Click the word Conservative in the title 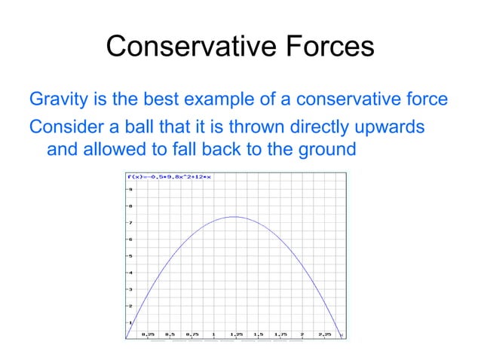188,46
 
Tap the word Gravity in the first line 56,99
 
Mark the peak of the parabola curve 234,217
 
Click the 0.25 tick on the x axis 149,334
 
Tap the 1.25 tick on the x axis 236,334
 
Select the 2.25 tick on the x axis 324,334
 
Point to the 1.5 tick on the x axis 259,334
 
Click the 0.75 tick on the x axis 192,334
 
